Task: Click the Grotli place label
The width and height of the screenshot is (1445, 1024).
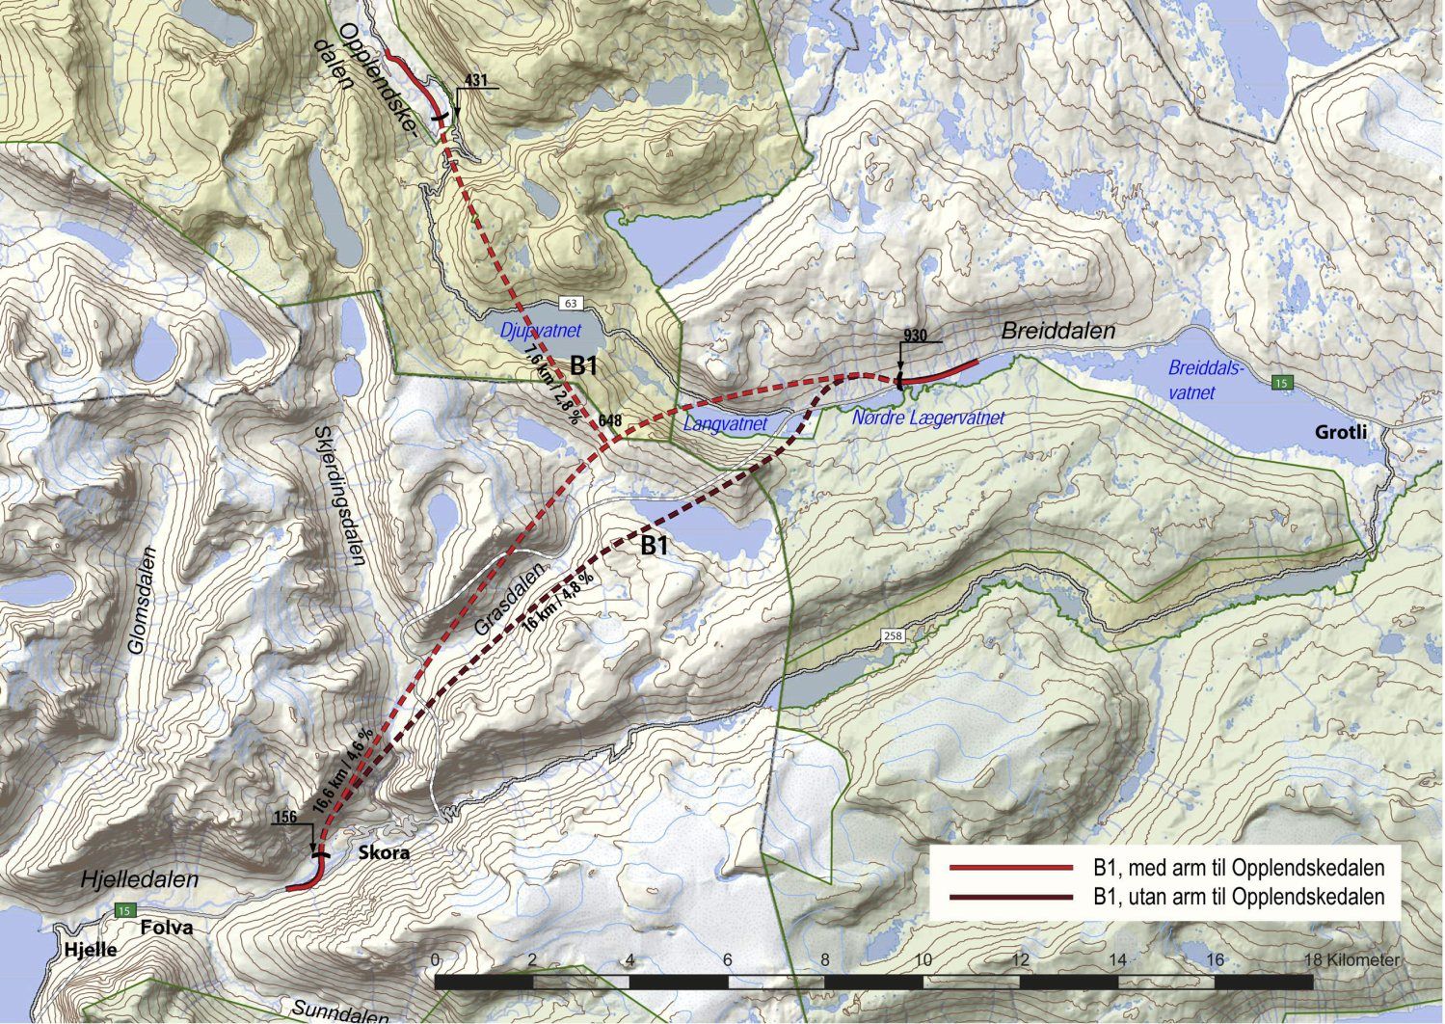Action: tap(1341, 433)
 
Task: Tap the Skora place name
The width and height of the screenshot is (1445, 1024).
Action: tap(384, 853)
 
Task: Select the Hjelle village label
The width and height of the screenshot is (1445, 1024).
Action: tap(91, 949)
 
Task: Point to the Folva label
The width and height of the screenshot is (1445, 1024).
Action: tap(167, 928)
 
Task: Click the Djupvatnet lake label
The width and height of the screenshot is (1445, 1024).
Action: tap(535, 330)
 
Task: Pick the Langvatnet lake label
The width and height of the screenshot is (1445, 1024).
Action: tap(724, 423)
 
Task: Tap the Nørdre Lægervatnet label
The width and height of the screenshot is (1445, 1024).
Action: tap(928, 418)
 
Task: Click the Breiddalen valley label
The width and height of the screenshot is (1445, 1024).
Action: tap(1057, 331)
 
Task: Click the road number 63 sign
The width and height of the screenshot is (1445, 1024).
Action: tap(571, 304)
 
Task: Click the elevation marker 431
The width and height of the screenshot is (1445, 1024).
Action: tap(477, 79)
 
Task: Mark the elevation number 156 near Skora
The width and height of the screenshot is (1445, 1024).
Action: tap(286, 818)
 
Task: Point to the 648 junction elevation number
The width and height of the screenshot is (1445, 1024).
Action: tap(609, 421)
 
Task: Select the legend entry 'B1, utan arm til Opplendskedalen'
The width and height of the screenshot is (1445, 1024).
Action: tap(1239, 897)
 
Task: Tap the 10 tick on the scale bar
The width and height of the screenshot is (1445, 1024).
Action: tap(923, 960)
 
